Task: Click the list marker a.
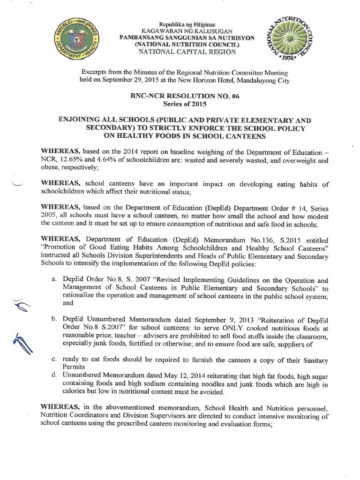54,279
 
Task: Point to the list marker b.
54,319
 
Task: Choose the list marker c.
54,359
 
